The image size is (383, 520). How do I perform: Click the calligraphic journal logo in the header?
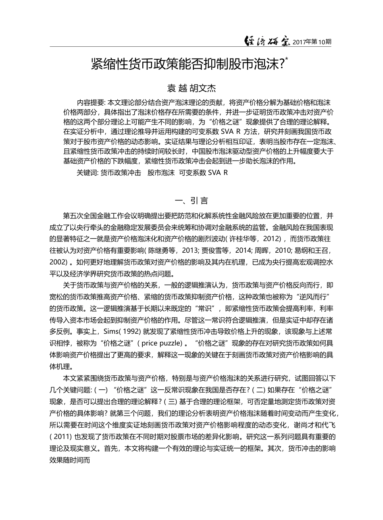(268, 41)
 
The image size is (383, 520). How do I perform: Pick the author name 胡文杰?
(203, 87)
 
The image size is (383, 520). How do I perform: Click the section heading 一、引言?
(191, 200)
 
